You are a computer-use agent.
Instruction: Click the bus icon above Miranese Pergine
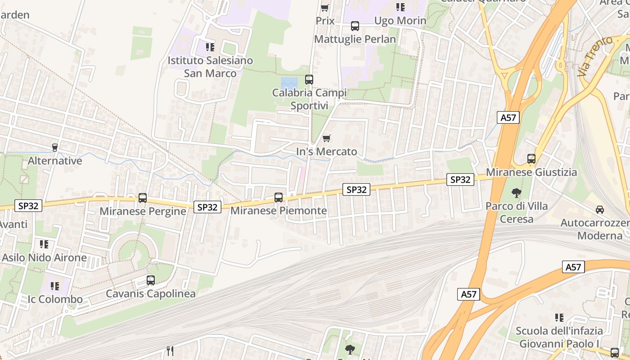pyautogui.click(x=143, y=198)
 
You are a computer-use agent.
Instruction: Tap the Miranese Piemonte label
pyautogui.click(x=279, y=211)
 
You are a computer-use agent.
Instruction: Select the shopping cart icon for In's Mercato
pyautogui.click(x=327, y=138)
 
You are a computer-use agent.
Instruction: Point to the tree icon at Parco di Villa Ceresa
pyautogui.click(x=517, y=193)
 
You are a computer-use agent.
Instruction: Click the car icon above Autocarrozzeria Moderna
pyautogui.click(x=600, y=209)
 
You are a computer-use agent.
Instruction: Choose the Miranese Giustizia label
pyautogui.click(x=531, y=172)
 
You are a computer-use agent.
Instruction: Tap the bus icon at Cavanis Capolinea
pyautogui.click(x=151, y=280)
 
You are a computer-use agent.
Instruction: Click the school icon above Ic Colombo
pyautogui.click(x=55, y=286)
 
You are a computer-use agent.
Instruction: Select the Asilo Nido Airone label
pyautogui.click(x=44, y=258)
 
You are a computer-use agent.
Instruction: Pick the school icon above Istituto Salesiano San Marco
pyautogui.click(x=210, y=47)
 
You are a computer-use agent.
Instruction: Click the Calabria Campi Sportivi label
pyautogui.click(x=309, y=99)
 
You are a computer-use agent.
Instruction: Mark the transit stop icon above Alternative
pyautogui.click(x=55, y=147)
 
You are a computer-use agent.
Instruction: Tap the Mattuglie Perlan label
pyautogui.click(x=355, y=39)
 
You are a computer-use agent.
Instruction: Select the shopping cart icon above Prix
pyautogui.click(x=325, y=8)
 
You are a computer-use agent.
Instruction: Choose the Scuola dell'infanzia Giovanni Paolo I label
pyautogui.click(x=559, y=337)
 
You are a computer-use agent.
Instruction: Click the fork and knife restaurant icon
pyautogui.click(x=170, y=351)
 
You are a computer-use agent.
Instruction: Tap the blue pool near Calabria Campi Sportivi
pyautogui.click(x=289, y=83)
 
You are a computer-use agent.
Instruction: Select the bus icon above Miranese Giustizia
pyautogui.click(x=531, y=159)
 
